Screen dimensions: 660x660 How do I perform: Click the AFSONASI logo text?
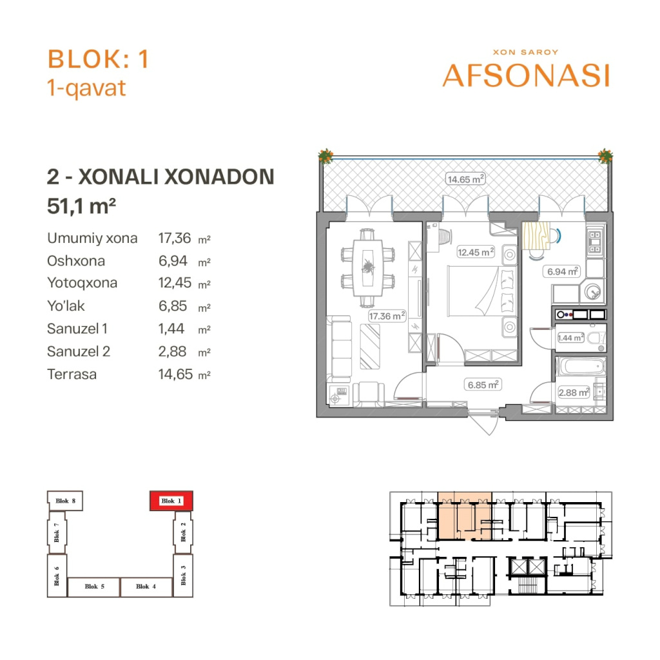click(x=526, y=76)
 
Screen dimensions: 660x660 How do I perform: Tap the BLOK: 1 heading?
click(x=98, y=59)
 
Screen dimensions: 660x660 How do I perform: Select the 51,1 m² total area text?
click(x=81, y=206)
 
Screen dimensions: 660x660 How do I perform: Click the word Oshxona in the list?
click(x=76, y=261)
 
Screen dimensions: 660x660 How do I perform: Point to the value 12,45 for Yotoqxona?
click(x=175, y=283)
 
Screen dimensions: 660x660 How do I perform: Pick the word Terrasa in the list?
click(x=72, y=374)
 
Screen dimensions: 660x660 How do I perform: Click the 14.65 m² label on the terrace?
click(x=465, y=179)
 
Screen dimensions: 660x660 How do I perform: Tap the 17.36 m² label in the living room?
click(x=387, y=316)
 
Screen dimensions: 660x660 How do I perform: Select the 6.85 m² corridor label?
click(x=483, y=385)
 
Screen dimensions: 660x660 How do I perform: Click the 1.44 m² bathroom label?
click(x=571, y=338)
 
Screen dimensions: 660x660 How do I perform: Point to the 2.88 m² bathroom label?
click(x=574, y=393)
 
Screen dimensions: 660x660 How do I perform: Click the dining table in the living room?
click(x=368, y=268)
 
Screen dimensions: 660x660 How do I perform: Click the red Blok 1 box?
click(x=171, y=501)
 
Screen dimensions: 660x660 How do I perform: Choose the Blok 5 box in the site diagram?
click(x=94, y=587)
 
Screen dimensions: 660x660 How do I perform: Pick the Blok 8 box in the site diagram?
click(x=65, y=501)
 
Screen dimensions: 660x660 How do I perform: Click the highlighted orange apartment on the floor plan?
click(x=465, y=516)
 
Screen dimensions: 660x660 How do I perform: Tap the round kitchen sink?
click(x=593, y=291)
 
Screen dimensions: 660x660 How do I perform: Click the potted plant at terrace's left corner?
click(x=325, y=156)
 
